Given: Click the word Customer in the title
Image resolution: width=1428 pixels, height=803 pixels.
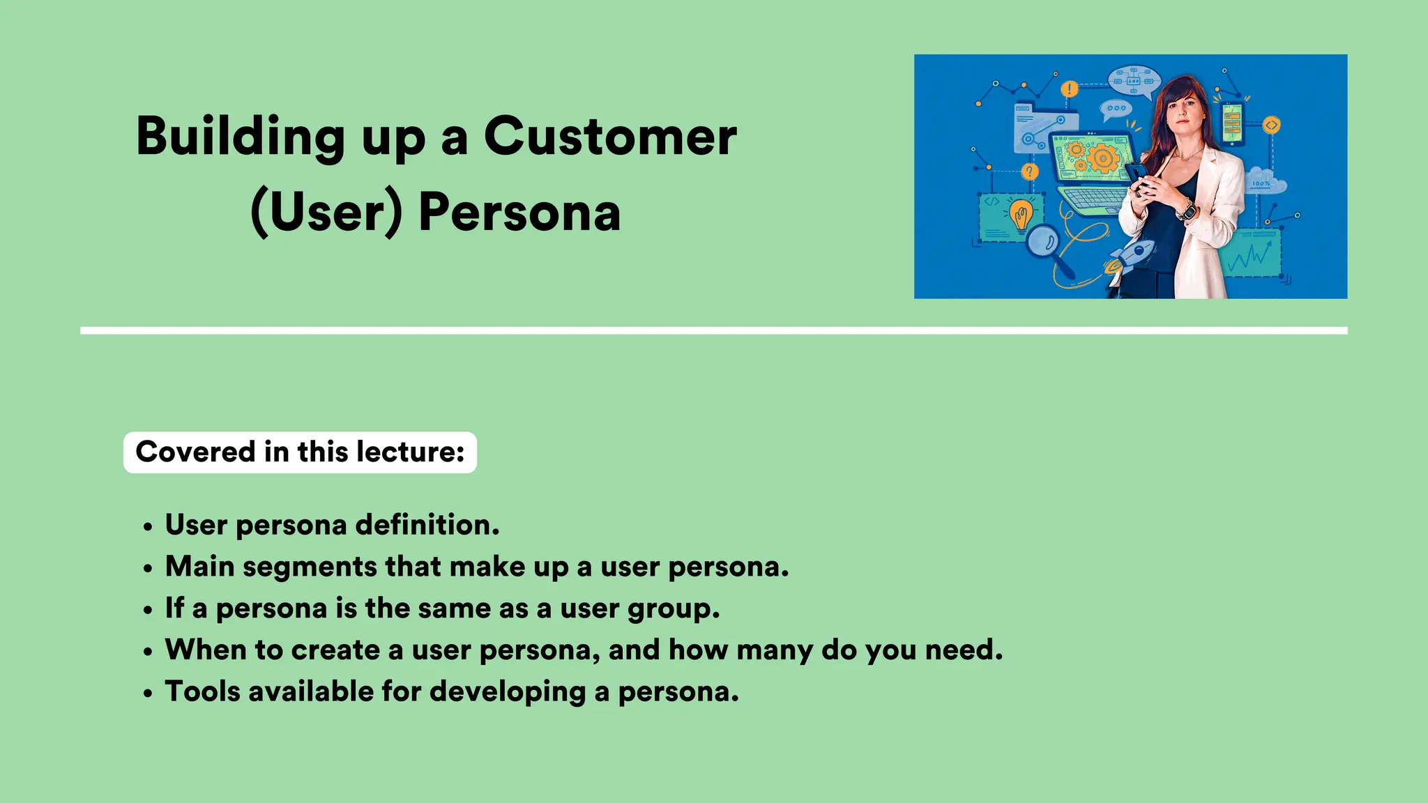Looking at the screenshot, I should coord(610,137).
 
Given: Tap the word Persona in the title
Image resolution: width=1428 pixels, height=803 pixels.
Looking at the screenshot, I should coord(519,213).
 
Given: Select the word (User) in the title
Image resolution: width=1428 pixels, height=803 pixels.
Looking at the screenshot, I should coord(326,213).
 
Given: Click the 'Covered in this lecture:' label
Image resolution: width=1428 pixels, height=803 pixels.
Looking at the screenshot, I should coord(300,452).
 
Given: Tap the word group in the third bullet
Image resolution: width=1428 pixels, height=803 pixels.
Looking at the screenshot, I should coord(673,609).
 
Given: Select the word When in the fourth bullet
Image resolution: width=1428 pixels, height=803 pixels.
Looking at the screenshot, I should coord(206,650).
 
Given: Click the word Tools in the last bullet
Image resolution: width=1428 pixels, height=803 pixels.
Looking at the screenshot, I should coord(202,691).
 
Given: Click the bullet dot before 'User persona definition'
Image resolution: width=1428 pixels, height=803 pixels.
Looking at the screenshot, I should coord(147,528).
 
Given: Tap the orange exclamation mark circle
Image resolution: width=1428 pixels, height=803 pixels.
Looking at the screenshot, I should coord(1069,89).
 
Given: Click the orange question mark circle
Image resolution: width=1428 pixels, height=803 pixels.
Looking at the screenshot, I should coord(1029,171).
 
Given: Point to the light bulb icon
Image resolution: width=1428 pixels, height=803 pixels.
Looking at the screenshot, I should coord(1021,214).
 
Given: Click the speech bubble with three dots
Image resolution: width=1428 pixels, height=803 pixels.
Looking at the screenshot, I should coord(1116,109).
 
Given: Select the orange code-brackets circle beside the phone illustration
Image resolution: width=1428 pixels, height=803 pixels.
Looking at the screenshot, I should coord(1272,125).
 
